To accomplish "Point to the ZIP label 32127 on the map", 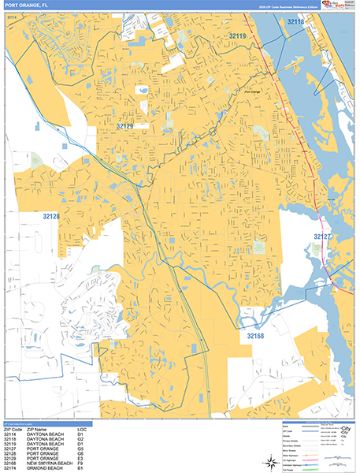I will (325, 236).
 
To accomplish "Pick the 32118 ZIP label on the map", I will (295, 22).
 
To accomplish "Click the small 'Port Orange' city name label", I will (252, 92).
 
